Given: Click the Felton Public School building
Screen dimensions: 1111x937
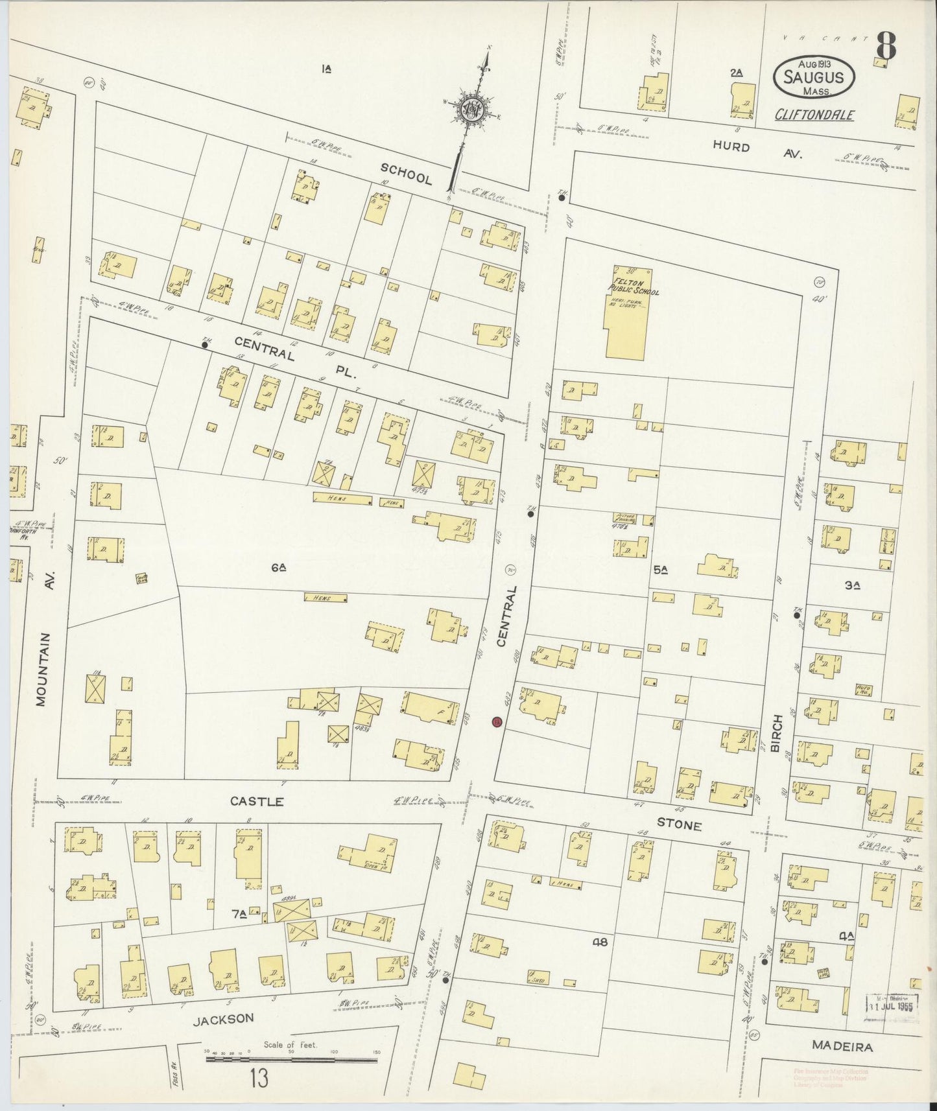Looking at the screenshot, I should click(626, 318).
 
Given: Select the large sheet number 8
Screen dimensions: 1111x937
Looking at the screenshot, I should click(886, 45).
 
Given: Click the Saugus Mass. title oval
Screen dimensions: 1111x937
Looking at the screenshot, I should click(813, 77).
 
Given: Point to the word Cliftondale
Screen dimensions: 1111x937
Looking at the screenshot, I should click(814, 115).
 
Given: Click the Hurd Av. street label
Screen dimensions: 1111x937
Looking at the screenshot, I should click(757, 150).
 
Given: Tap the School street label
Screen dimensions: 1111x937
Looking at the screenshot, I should click(406, 174).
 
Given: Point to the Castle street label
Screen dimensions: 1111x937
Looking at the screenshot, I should click(257, 802).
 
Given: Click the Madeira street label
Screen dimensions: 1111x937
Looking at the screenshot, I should click(842, 1046).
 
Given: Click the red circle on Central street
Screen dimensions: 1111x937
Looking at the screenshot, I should click(497, 721).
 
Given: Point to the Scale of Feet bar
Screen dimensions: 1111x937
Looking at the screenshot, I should click(291, 1060).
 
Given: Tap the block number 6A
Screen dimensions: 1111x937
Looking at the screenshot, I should click(279, 568).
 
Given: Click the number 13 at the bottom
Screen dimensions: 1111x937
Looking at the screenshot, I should click(258, 1079).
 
